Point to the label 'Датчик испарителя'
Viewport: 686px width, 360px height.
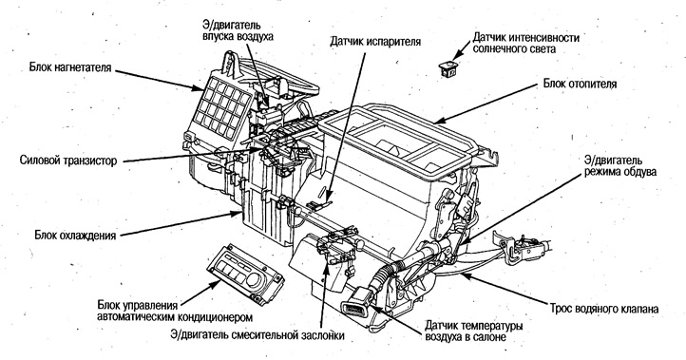point(375,42)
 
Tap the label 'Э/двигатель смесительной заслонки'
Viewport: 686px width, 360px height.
point(256,334)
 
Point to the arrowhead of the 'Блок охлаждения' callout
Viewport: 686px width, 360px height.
point(240,215)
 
